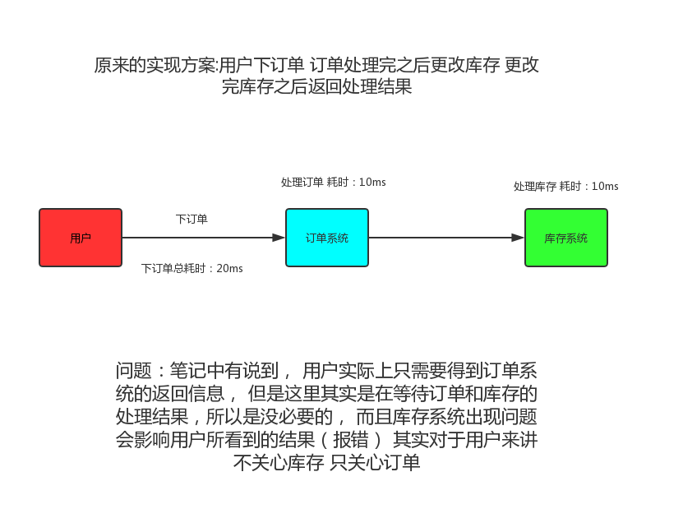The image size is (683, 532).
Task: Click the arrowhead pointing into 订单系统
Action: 279,238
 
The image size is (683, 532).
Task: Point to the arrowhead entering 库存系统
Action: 519,238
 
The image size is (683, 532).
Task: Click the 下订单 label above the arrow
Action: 192,220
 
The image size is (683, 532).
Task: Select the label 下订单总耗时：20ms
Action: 192,268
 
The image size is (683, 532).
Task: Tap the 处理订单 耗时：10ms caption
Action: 333,182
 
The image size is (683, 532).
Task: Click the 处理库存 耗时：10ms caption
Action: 565,187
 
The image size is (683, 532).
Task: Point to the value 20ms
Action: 229,268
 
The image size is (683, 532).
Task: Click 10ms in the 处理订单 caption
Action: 372,182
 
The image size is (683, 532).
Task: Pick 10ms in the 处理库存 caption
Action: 605,187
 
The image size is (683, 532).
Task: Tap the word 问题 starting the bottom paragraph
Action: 132,371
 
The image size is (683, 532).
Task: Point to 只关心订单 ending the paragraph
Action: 376,462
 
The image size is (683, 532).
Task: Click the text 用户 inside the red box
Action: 81,238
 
